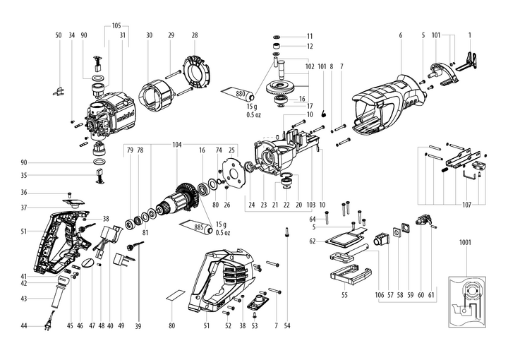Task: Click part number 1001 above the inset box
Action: pyautogui.click(x=464, y=243)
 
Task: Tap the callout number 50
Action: pyautogui.click(x=59, y=35)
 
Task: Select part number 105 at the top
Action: pyautogui.click(x=117, y=25)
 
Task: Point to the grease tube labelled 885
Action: pyautogui.click(x=198, y=228)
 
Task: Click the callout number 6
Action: pyautogui.click(x=400, y=35)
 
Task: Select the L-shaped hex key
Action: pyautogui.click(x=468, y=174)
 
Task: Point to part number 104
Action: pyautogui.click(x=176, y=144)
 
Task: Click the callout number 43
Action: pyautogui.click(x=23, y=299)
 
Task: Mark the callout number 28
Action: pyautogui.click(x=195, y=35)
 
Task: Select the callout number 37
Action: pyautogui.click(x=23, y=208)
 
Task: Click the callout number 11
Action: pyautogui.click(x=309, y=35)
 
